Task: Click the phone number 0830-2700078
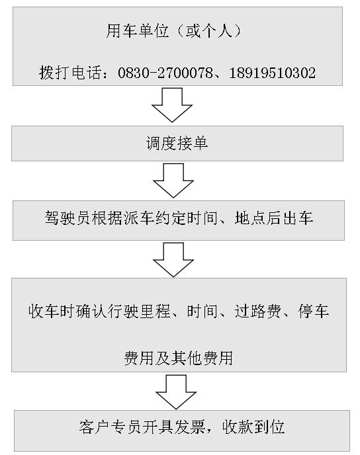(165, 73)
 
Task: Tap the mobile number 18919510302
(273, 73)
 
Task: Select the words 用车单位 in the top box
(138, 31)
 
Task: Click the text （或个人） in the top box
(209, 31)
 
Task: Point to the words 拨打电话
(71, 73)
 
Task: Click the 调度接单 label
(177, 144)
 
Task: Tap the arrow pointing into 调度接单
(172, 105)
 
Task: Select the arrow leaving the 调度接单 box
(173, 181)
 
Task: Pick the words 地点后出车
(274, 218)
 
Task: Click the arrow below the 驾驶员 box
(173, 260)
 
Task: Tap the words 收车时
(52, 311)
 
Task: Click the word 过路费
(258, 311)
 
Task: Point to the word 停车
(314, 311)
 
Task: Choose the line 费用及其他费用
(179, 358)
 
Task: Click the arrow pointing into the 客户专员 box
(176, 392)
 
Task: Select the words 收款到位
(253, 427)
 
